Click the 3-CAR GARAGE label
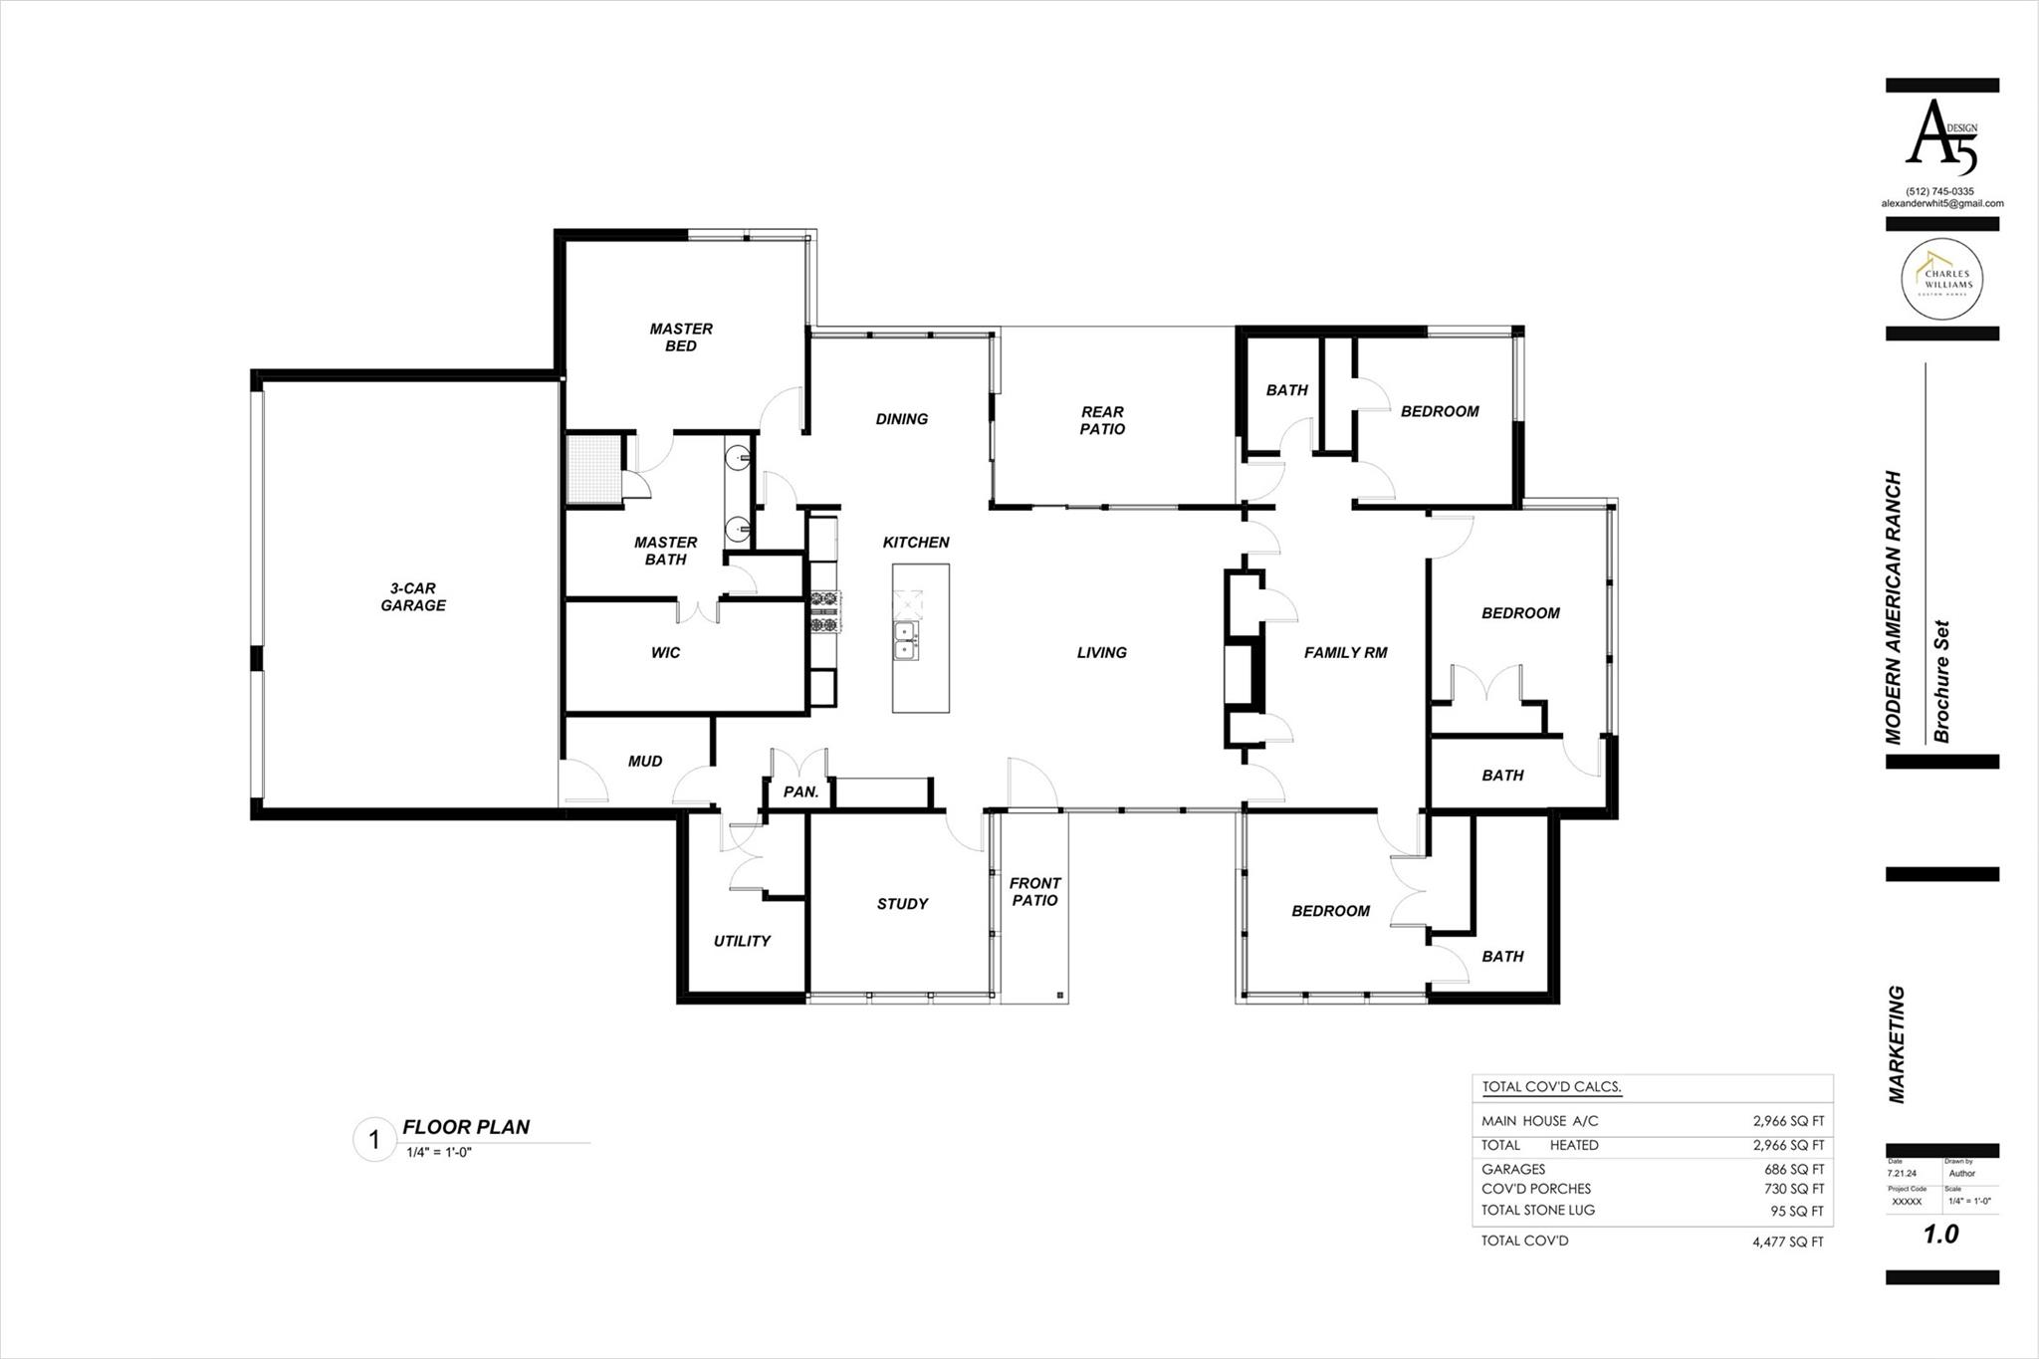(x=412, y=596)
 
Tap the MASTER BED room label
(x=681, y=337)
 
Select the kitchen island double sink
(x=906, y=639)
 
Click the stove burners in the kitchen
(x=824, y=611)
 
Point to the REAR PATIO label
(x=1102, y=420)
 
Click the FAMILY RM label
(x=1345, y=652)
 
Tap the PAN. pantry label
(x=800, y=793)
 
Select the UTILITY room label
(x=742, y=941)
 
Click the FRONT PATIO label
(x=1034, y=891)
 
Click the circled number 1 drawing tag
(x=374, y=1140)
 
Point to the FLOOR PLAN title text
(x=466, y=1127)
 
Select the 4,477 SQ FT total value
(x=1788, y=1242)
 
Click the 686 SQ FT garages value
(x=1794, y=1170)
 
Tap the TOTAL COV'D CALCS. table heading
(x=1551, y=1087)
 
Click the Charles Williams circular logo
(x=1941, y=279)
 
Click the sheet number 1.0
(x=1940, y=1235)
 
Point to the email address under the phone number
(x=1941, y=203)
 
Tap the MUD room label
(x=644, y=761)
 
